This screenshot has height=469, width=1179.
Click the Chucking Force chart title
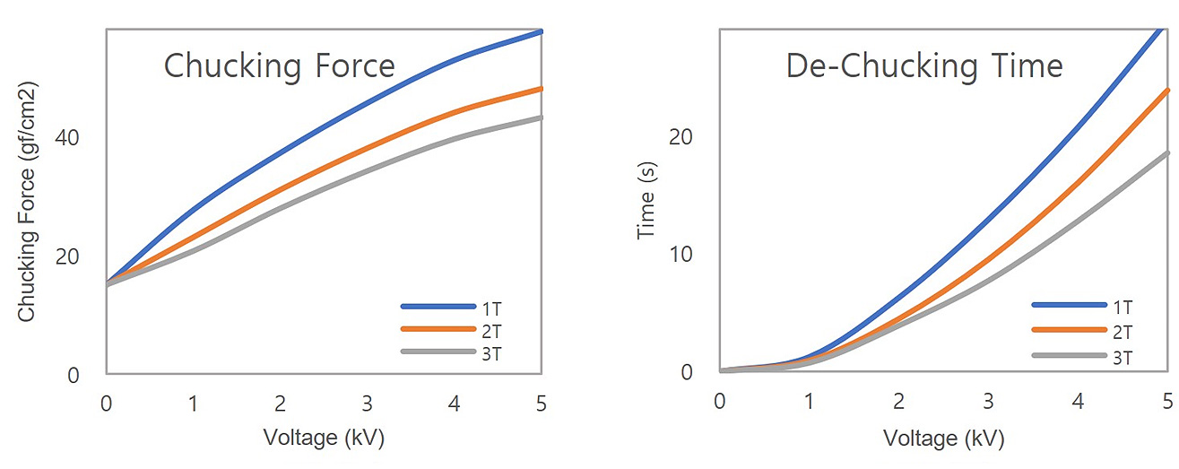click(x=279, y=66)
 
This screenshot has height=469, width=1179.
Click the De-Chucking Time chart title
click(x=924, y=66)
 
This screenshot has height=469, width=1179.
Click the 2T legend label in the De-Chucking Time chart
click(x=1123, y=332)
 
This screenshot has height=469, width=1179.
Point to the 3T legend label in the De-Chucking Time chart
click(x=1123, y=357)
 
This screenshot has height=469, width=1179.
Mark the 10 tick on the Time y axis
click(x=682, y=255)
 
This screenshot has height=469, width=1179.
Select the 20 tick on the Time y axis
click(x=682, y=138)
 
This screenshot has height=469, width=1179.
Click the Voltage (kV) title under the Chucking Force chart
click(x=324, y=438)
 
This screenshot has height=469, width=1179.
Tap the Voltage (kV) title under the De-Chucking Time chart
click(x=944, y=439)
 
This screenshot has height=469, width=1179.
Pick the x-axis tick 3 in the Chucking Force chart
click(x=367, y=404)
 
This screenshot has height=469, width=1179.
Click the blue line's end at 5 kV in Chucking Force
click(x=542, y=31)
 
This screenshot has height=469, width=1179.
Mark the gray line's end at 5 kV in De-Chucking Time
click(x=1167, y=152)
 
